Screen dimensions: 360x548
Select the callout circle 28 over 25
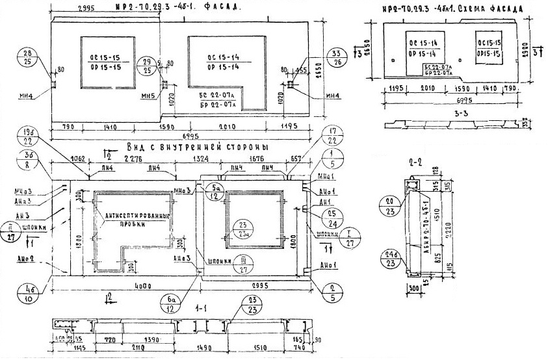27,57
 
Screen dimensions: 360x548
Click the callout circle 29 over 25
148,66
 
